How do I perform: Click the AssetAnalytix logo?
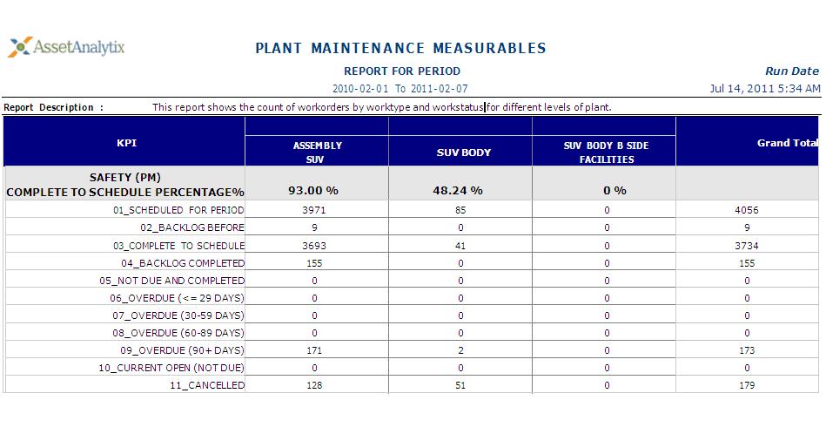pyautogui.click(x=67, y=47)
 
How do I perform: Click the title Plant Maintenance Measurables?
pyautogui.click(x=400, y=48)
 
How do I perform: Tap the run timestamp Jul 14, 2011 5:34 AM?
pyautogui.click(x=765, y=88)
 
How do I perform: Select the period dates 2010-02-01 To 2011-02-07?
pyautogui.click(x=400, y=88)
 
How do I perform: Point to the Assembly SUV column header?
pyautogui.click(x=317, y=152)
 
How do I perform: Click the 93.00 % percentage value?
pyautogui.click(x=313, y=190)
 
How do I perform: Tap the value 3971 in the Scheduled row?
pyautogui.click(x=314, y=210)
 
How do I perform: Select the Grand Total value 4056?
pyautogui.click(x=746, y=210)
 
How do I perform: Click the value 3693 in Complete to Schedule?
pyautogui.click(x=314, y=246)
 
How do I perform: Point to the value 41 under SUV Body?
pyautogui.click(x=460, y=246)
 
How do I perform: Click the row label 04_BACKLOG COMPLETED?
pyautogui.click(x=183, y=263)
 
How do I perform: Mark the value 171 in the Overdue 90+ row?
pyautogui.click(x=314, y=350)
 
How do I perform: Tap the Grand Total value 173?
pyautogui.click(x=746, y=350)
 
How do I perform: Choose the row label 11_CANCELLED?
pyautogui.click(x=207, y=385)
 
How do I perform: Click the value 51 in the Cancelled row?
pyautogui.click(x=460, y=385)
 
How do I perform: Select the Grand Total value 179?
pyautogui.click(x=746, y=385)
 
